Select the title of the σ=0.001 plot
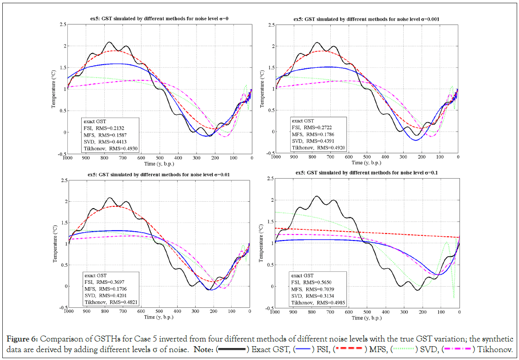point(367,18)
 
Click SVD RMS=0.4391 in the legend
point(313,140)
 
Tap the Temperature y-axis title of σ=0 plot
point(54,89)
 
